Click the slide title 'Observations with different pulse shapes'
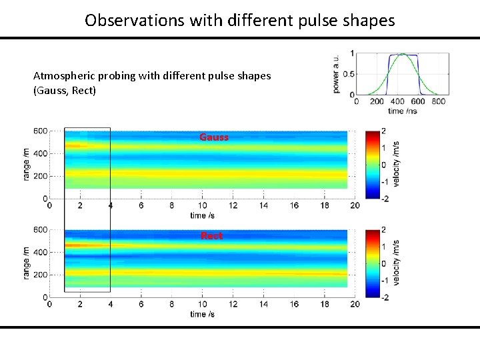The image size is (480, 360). click(239, 20)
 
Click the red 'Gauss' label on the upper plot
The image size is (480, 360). click(213, 137)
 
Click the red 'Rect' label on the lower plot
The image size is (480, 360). click(211, 236)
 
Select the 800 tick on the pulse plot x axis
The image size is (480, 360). click(438, 101)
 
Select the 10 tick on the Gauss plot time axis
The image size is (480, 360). click(201, 206)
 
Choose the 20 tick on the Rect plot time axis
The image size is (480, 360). click(355, 305)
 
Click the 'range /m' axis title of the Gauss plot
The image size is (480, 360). click(26, 164)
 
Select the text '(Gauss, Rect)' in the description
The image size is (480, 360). click(65, 90)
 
